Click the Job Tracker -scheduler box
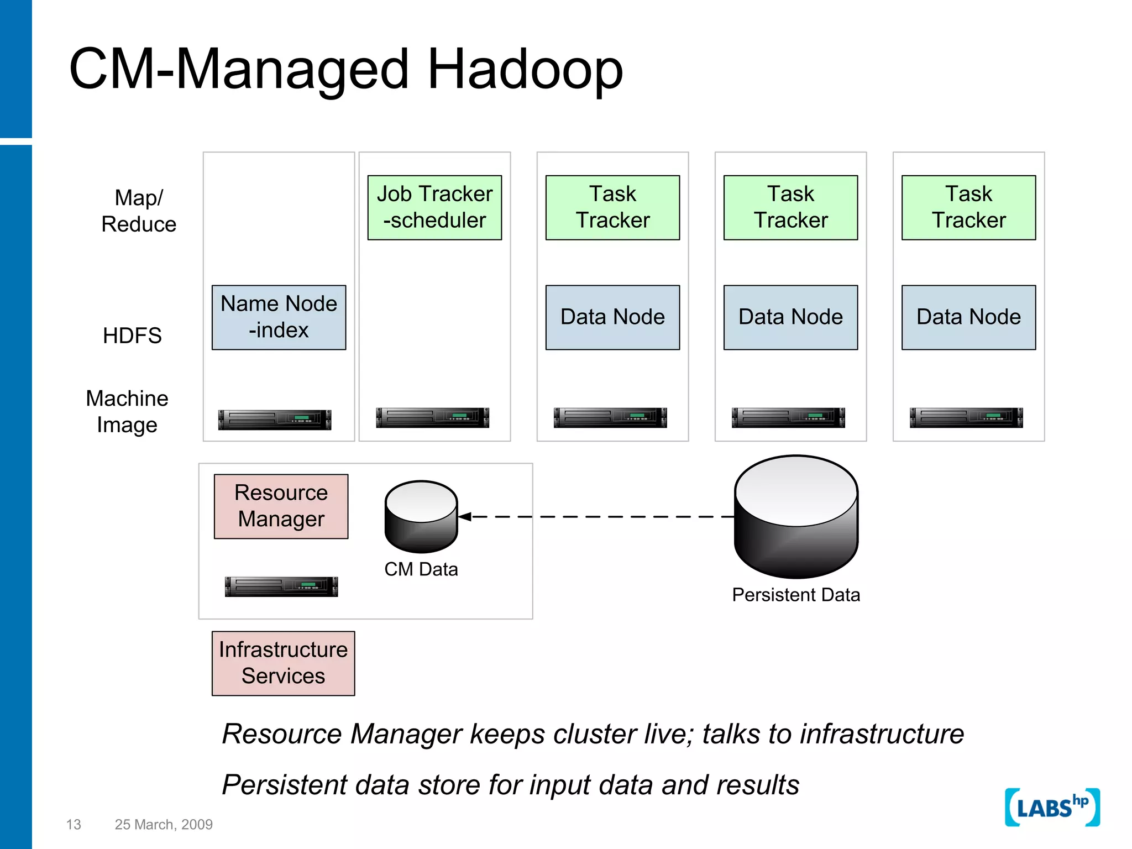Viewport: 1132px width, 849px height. click(434, 207)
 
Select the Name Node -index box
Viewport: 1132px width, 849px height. click(279, 317)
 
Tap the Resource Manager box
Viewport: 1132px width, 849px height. click(281, 506)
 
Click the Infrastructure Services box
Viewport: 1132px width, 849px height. click(283, 663)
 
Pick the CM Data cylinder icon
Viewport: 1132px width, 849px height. click(421, 517)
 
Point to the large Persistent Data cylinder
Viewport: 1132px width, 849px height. click(796, 517)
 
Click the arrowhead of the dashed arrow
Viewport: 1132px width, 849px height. click(465, 517)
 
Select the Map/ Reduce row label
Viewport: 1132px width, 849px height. click(139, 211)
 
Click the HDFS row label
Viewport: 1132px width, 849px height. click(132, 336)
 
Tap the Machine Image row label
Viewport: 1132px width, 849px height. click(127, 412)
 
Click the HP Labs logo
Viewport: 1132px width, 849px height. click(1052, 808)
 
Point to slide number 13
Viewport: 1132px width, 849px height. click(74, 824)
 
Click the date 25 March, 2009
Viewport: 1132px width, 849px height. click(164, 824)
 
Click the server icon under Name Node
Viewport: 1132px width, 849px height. click(275, 420)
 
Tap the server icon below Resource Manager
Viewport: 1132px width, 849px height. click(281, 586)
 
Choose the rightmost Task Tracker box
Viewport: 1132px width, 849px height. click(968, 207)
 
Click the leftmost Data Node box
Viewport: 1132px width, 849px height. click(612, 317)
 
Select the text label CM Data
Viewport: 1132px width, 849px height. click(421, 569)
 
